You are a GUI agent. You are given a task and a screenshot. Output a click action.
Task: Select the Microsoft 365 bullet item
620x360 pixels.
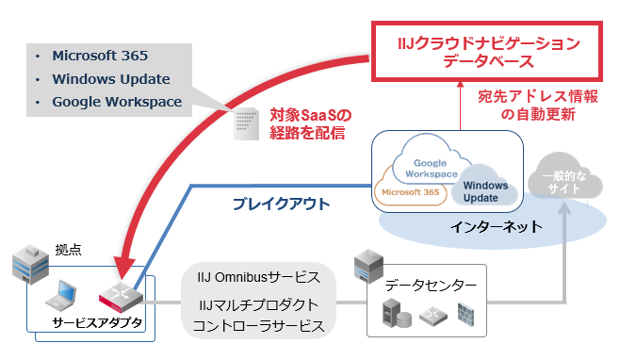coord(100,56)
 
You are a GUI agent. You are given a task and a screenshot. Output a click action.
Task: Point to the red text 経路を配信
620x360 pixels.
coord(306,134)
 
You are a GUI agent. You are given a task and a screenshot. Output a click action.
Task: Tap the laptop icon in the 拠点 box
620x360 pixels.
coord(64,292)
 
